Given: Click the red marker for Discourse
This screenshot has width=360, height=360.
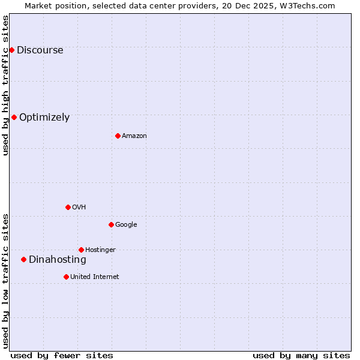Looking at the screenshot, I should click(11, 50).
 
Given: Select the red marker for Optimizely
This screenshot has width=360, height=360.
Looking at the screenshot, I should click(14, 117).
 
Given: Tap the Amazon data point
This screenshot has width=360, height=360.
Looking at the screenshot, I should click(118, 136).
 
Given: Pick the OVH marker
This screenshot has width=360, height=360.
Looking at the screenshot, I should click(68, 207).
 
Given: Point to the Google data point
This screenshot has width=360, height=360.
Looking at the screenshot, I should click(111, 224).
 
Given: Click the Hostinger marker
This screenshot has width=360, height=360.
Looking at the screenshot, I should click(81, 250).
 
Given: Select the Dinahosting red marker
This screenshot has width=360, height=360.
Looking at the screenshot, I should click(23, 259).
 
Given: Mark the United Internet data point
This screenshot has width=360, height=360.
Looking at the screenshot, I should click(66, 277).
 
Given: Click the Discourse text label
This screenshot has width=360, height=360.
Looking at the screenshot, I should click(40, 50).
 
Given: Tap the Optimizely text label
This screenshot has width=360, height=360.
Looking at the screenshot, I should click(44, 118).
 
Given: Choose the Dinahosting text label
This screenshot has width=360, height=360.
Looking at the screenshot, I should click(58, 260).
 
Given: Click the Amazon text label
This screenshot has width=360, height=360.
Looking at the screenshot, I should click(134, 136).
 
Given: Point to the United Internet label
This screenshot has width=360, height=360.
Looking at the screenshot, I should click(95, 277).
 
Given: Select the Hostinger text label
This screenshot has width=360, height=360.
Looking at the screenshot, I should click(100, 250).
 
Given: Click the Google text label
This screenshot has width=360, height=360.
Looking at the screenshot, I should click(126, 225).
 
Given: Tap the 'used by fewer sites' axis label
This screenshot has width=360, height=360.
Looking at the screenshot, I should click(62, 356).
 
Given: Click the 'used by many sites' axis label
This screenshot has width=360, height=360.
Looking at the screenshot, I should click(301, 356).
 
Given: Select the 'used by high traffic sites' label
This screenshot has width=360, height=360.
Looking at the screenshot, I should click(6, 85).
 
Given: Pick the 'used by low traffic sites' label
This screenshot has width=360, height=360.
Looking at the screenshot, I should click(6, 280).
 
